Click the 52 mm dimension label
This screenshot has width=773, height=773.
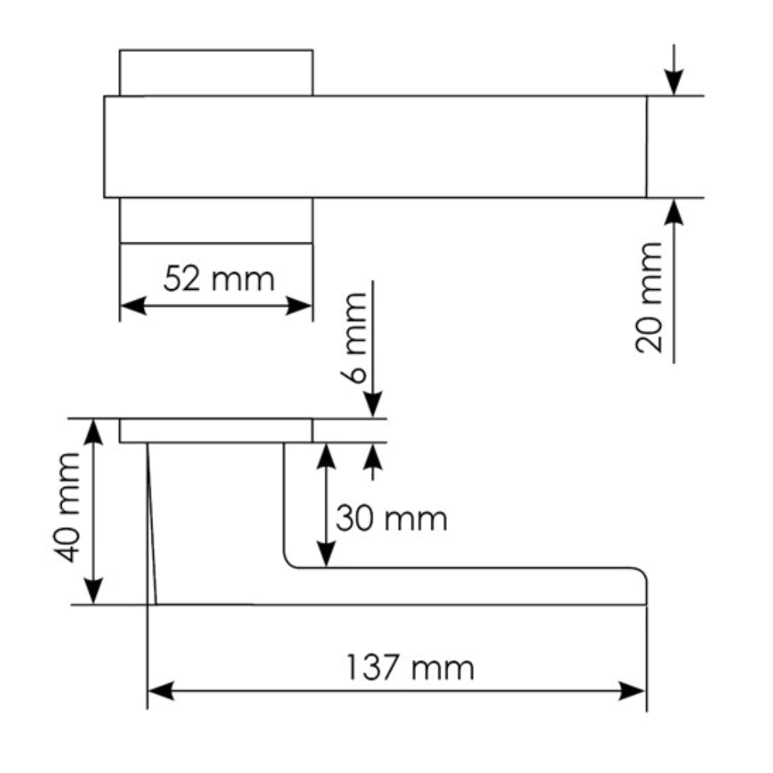219,279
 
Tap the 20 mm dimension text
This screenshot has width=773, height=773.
649,298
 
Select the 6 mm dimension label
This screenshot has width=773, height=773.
354,339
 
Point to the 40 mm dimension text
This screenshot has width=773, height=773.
67,507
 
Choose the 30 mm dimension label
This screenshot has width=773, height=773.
391,519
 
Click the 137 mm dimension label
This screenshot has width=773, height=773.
410,668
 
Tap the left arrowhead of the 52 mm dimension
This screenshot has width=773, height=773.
133,305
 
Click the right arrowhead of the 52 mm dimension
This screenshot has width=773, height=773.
300,305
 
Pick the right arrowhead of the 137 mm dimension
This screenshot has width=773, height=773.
633,690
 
